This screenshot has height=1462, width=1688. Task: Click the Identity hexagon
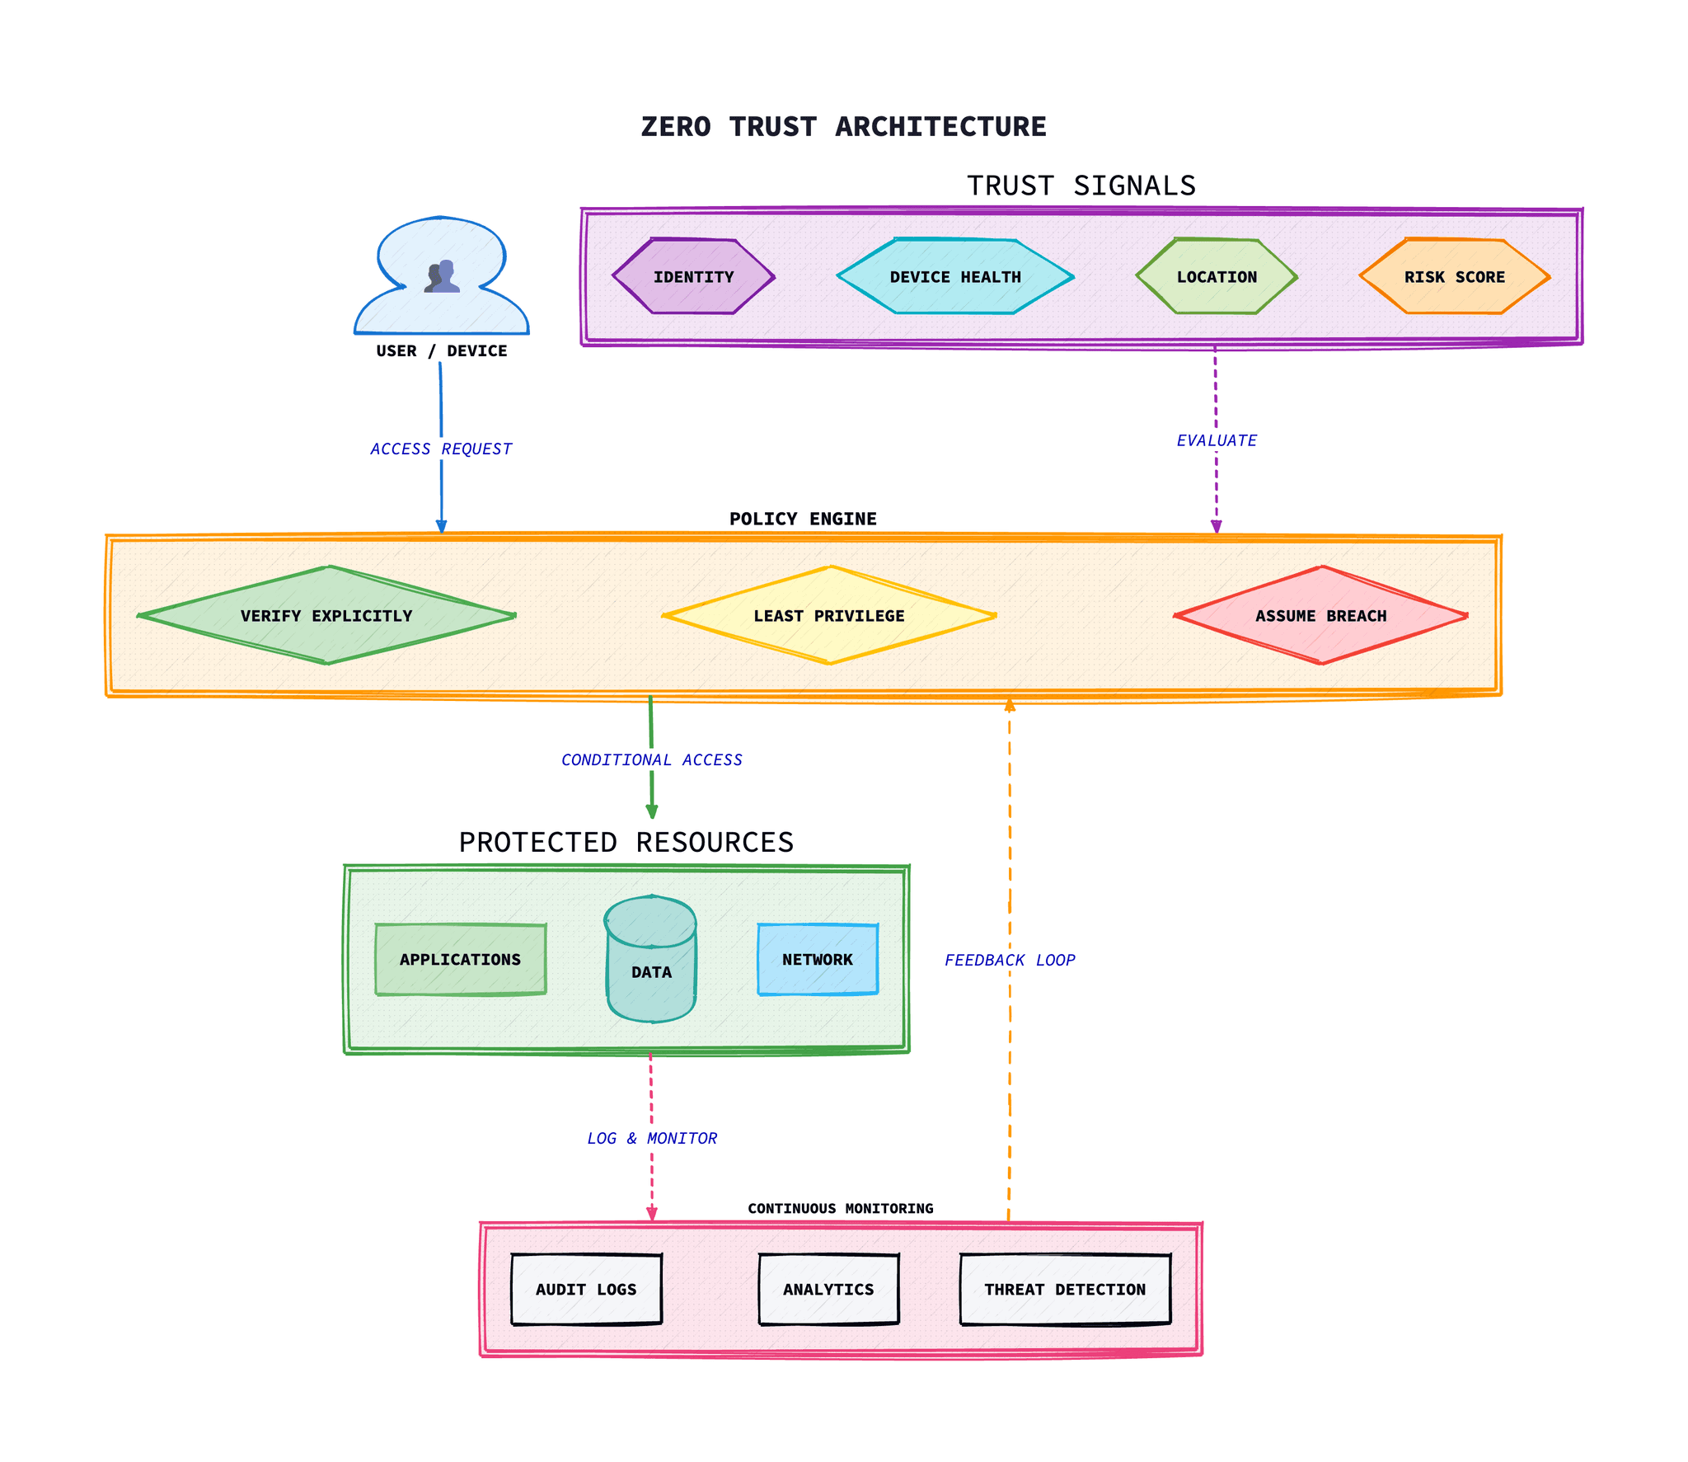click(693, 276)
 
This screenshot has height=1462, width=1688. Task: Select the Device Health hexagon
click(954, 276)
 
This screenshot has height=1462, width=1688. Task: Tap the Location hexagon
click(1217, 276)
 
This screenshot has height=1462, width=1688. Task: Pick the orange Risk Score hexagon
click(1454, 276)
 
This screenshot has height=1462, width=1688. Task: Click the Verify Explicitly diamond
click(326, 615)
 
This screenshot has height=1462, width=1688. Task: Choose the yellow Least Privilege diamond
click(828, 615)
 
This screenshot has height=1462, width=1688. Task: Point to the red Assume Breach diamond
click(1320, 615)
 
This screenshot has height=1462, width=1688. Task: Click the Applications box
click(460, 959)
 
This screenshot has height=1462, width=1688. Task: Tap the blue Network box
click(817, 959)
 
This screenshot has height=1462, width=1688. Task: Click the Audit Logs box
click(586, 1289)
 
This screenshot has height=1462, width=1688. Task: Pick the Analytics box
click(828, 1289)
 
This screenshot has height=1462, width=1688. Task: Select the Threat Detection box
click(1065, 1289)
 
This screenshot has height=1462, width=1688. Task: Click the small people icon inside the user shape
click(443, 276)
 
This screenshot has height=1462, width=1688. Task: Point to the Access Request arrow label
click(441, 449)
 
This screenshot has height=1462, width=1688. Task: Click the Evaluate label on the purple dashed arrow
click(1217, 440)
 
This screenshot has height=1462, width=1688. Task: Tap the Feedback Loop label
click(1010, 960)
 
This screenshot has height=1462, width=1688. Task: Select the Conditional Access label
click(651, 759)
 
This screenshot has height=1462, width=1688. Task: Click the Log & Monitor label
click(651, 1138)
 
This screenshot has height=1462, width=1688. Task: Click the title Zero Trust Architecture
click(843, 126)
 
